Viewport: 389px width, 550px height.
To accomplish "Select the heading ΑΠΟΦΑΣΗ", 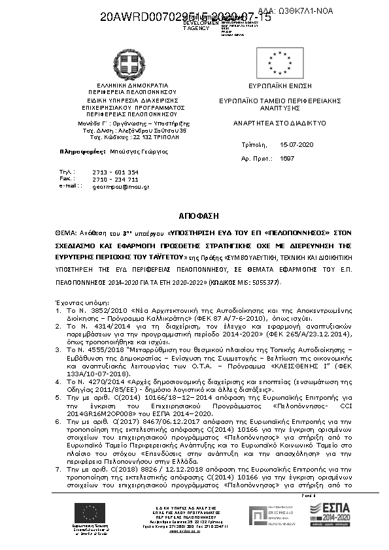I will click(x=194, y=216).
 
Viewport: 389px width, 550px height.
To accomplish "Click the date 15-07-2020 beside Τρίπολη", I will click(x=297, y=144).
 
